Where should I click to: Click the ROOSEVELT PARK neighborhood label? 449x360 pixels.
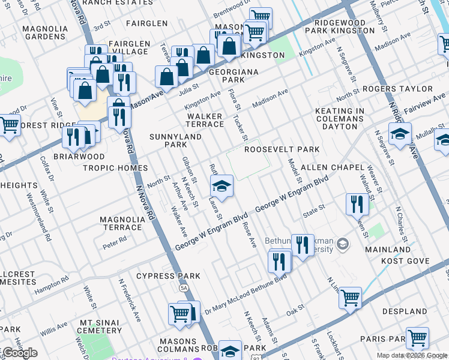point(281,149)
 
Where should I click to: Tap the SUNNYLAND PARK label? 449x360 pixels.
point(167,140)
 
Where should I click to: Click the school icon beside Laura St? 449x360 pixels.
point(221,188)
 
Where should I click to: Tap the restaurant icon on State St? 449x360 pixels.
point(357,204)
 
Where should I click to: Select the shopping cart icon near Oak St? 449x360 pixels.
point(350,297)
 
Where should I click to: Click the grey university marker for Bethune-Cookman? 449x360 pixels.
point(343,244)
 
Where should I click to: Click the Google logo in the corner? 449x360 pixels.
point(19,353)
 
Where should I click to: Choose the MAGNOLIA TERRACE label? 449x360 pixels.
point(122,224)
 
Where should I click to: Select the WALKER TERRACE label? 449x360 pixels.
point(205,120)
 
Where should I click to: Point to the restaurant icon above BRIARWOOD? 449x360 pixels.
point(74,137)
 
